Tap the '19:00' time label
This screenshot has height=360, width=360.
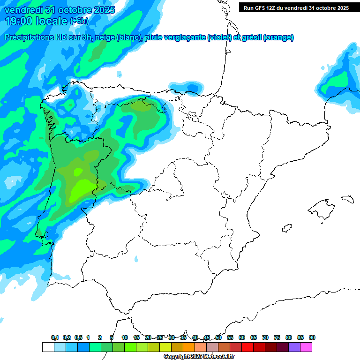[19, 21]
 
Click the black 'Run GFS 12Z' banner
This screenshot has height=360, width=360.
[296, 7]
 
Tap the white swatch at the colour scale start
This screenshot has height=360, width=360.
[48, 347]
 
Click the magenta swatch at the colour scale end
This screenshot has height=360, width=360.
[306, 347]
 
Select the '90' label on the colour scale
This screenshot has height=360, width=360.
[312, 337]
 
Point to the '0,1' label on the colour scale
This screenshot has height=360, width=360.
[55, 337]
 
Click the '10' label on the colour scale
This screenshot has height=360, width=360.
[125, 337]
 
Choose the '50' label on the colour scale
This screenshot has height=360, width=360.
[218, 337]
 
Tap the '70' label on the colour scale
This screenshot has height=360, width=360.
[265, 337]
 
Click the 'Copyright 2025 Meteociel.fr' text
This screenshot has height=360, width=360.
[199, 357]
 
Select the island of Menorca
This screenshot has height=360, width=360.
[347, 199]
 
